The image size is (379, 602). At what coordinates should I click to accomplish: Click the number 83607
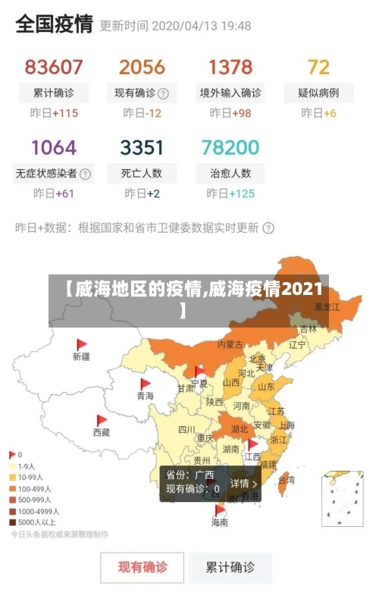coord(54,67)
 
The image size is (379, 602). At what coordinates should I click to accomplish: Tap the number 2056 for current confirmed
coord(142,67)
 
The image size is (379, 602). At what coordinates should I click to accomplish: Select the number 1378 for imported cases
coord(230,67)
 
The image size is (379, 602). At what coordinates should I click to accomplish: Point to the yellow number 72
coord(318,67)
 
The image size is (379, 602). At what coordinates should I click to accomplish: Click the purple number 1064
coord(54,146)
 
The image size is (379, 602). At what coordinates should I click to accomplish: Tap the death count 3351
coord(142,146)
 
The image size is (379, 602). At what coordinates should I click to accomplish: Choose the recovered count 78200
coord(230,146)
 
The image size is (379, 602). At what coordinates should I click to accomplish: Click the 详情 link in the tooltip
coord(243,483)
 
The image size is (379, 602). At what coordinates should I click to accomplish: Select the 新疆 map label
coord(81,356)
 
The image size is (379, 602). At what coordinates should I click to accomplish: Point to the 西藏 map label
coord(101,432)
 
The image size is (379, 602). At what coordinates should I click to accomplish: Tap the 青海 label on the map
coord(145,396)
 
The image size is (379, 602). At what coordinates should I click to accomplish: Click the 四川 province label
coord(186,429)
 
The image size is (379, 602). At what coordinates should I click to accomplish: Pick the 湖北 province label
coord(240,428)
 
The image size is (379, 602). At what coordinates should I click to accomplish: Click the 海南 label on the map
coord(219,522)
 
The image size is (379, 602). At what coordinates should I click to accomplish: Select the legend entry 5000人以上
coord(32,522)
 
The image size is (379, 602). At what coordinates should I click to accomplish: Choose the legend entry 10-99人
coord(30,477)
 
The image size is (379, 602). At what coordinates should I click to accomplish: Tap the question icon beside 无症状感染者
coord(86,173)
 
